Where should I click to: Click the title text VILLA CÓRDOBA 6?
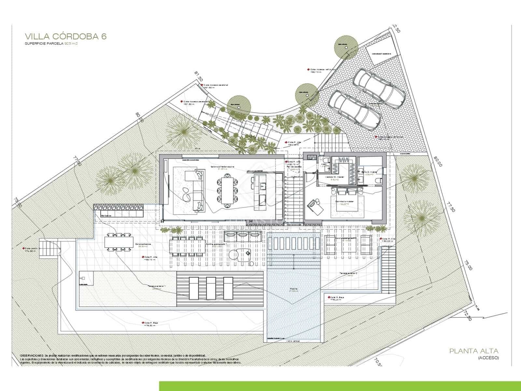point(65,36)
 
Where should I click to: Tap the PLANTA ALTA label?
point(474,351)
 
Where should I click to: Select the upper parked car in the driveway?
point(379,88)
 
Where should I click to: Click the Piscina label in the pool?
point(294,289)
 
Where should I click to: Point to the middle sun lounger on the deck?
point(211,288)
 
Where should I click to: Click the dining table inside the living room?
point(227,190)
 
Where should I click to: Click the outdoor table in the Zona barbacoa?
point(119,242)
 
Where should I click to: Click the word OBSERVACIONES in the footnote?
point(31,355)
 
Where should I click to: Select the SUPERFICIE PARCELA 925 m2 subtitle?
point(51,43)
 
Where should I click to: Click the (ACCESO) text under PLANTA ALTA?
point(488,358)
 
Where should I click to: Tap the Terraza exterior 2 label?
point(348,273)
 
